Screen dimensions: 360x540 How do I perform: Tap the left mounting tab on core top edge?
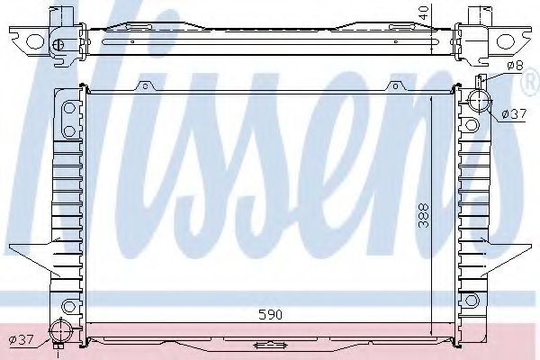tap(144, 86)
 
